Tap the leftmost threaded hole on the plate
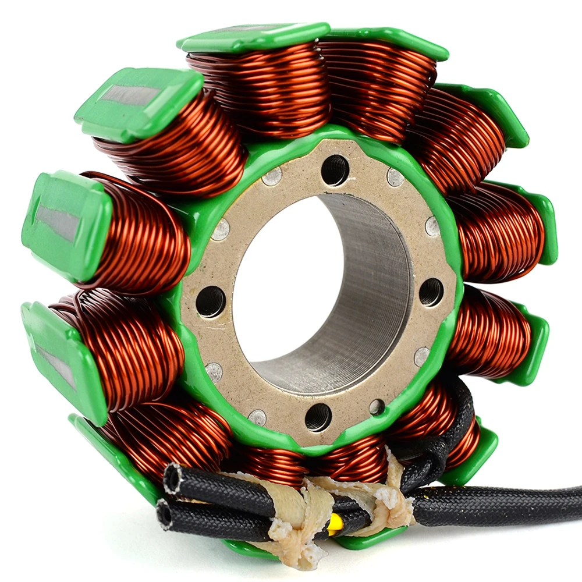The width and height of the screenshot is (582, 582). pos(210,301)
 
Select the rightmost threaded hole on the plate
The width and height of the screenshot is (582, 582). pos(431,292)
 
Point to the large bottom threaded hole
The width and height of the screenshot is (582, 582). pos(318,417)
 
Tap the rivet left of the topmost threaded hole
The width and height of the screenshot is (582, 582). pos(272,176)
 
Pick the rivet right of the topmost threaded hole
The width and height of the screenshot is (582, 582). pos(395,178)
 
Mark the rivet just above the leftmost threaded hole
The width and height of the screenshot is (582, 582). pos(220,230)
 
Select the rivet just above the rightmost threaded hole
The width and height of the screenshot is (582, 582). pos(432,226)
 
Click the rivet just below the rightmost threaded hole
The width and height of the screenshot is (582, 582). pos(422,357)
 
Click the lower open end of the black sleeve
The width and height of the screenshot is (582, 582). pos(165,514)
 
